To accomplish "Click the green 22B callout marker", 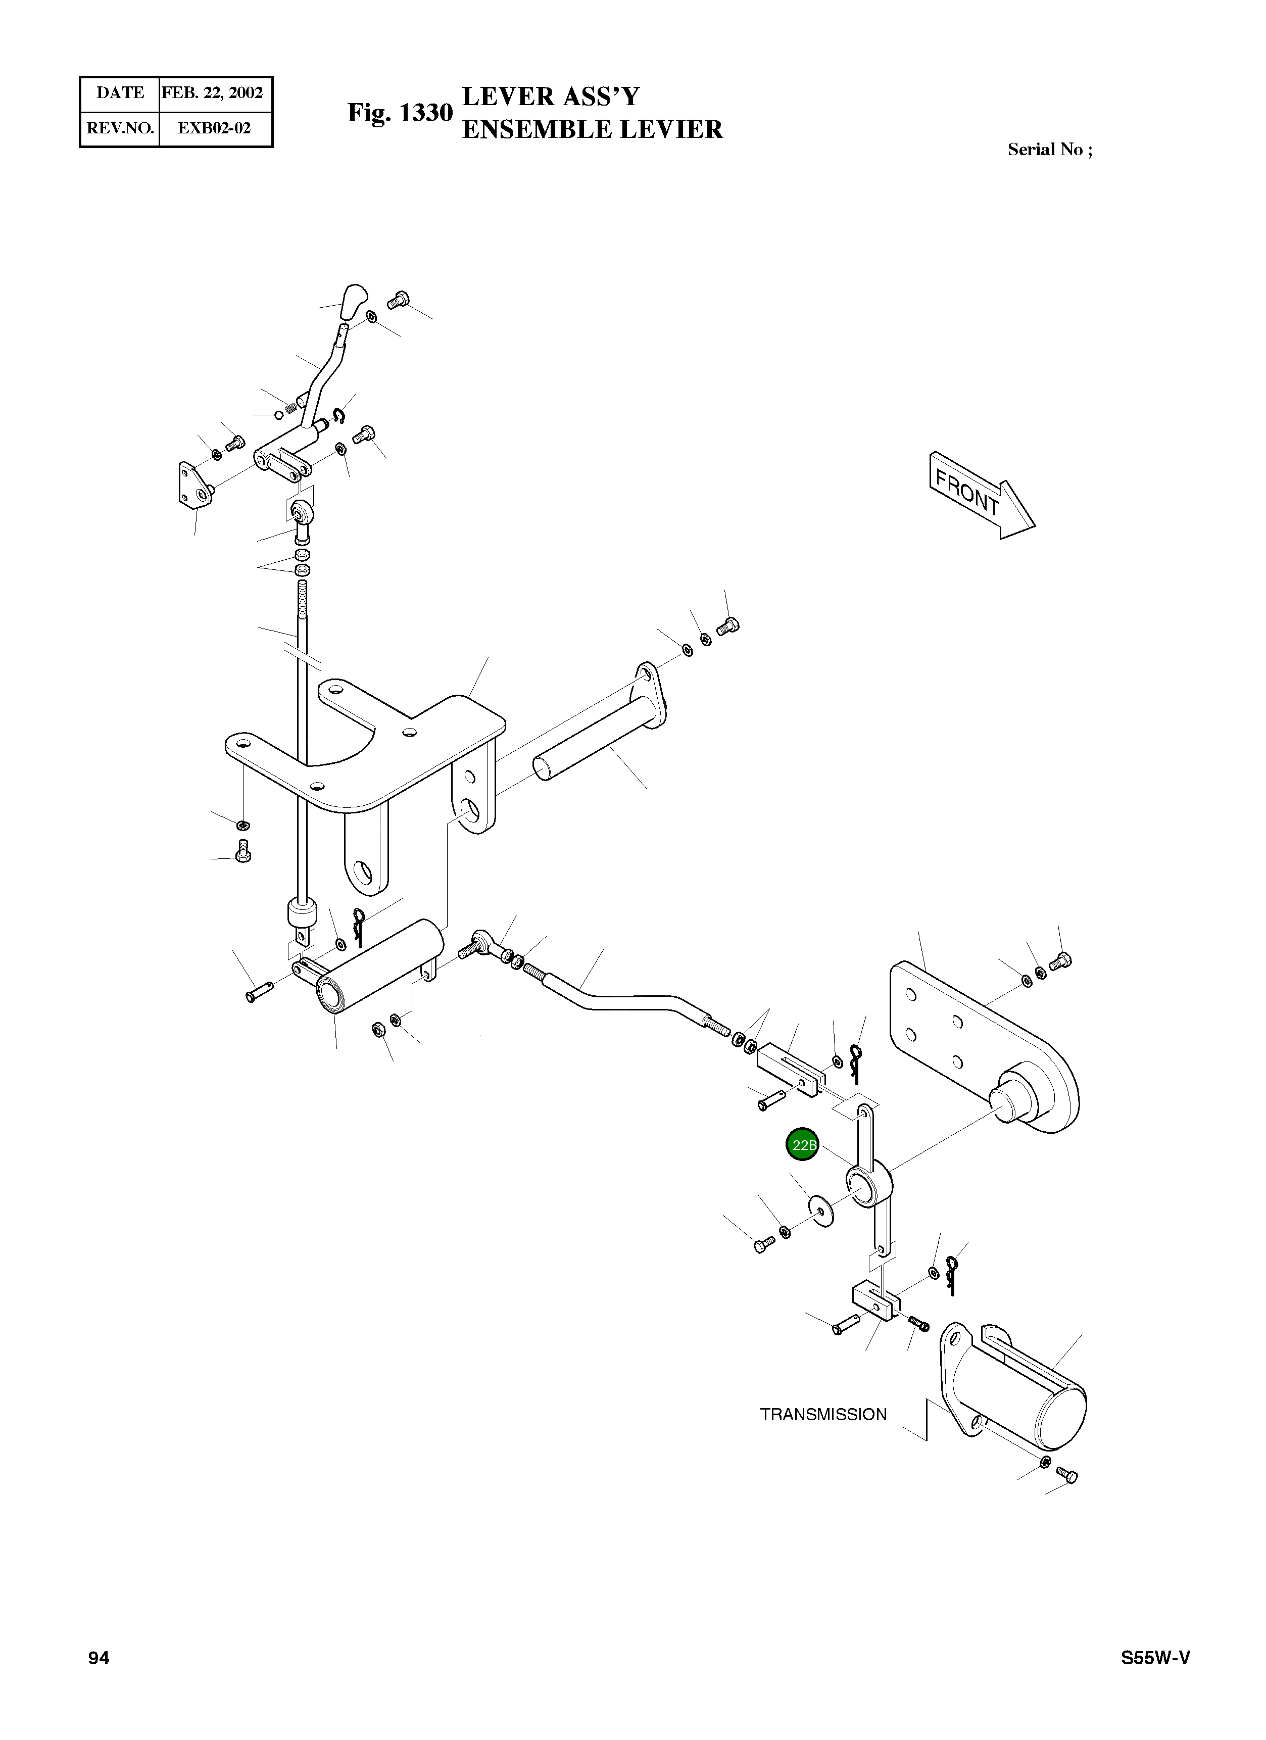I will coord(803,1145).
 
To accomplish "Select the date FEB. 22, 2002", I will coord(213,93).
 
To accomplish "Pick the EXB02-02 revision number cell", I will coord(214,128).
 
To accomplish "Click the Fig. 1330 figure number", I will coord(400,113).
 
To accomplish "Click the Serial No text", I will coord(1049,150).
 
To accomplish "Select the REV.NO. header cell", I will coord(120,128).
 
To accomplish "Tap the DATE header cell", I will coord(120,93).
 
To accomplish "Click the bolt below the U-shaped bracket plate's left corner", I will coord(242,852).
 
